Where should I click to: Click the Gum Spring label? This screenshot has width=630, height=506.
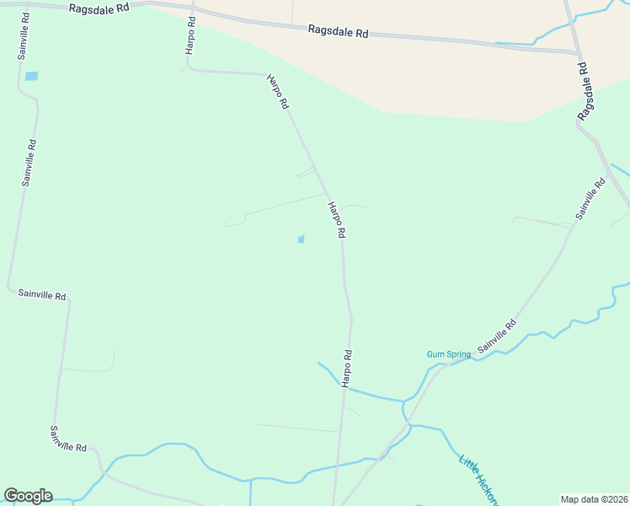coord(448,354)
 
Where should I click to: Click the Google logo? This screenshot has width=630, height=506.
coord(28,496)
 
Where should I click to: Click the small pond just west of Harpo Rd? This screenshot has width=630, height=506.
coord(301,240)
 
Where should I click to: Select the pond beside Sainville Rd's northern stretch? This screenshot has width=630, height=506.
coord(32,76)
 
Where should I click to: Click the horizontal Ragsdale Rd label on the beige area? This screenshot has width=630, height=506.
coord(338,33)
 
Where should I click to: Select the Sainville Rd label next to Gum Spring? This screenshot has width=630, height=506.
coord(497,336)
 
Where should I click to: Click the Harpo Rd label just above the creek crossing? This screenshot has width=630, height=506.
coord(346,368)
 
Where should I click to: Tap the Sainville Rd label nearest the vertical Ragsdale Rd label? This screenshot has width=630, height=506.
coord(590,199)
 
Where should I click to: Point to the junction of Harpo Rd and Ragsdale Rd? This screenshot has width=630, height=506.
coord(193,9)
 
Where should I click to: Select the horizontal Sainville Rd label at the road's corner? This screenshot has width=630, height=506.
coord(42,295)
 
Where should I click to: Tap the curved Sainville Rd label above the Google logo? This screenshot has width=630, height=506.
coord(68,439)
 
